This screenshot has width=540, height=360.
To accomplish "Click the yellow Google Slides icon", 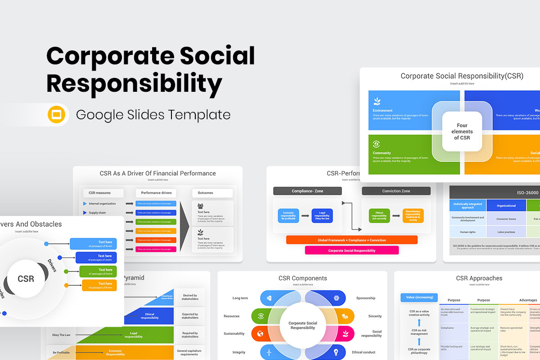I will tap(57, 115).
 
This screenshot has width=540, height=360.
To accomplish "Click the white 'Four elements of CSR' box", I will tap(462, 131).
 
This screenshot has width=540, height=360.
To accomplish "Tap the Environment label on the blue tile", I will tap(382, 110).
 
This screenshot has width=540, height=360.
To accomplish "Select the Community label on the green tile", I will tap(382, 153).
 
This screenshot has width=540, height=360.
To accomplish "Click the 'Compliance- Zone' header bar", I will tap(307, 191).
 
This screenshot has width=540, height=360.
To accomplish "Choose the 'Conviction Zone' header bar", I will tap(396, 191).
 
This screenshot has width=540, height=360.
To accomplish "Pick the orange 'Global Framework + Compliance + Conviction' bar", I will tap(351, 240).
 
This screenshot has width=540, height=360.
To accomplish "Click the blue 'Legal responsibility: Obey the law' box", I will tap(322, 216).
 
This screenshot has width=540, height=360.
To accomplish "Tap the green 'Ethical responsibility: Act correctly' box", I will tap(379, 216).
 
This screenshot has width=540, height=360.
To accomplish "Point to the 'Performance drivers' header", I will tap(156, 193).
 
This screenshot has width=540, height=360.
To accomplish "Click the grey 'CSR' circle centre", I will tap(26, 279).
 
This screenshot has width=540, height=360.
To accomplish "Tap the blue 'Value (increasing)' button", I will tap(419, 297).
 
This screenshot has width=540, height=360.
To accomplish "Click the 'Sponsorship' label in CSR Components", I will tap(365, 298).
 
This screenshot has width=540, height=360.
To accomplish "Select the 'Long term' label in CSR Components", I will tap(240, 298).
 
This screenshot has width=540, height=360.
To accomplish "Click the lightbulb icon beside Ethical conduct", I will tap(336, 352).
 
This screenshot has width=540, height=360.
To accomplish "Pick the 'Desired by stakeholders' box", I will tap(190, 297).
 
